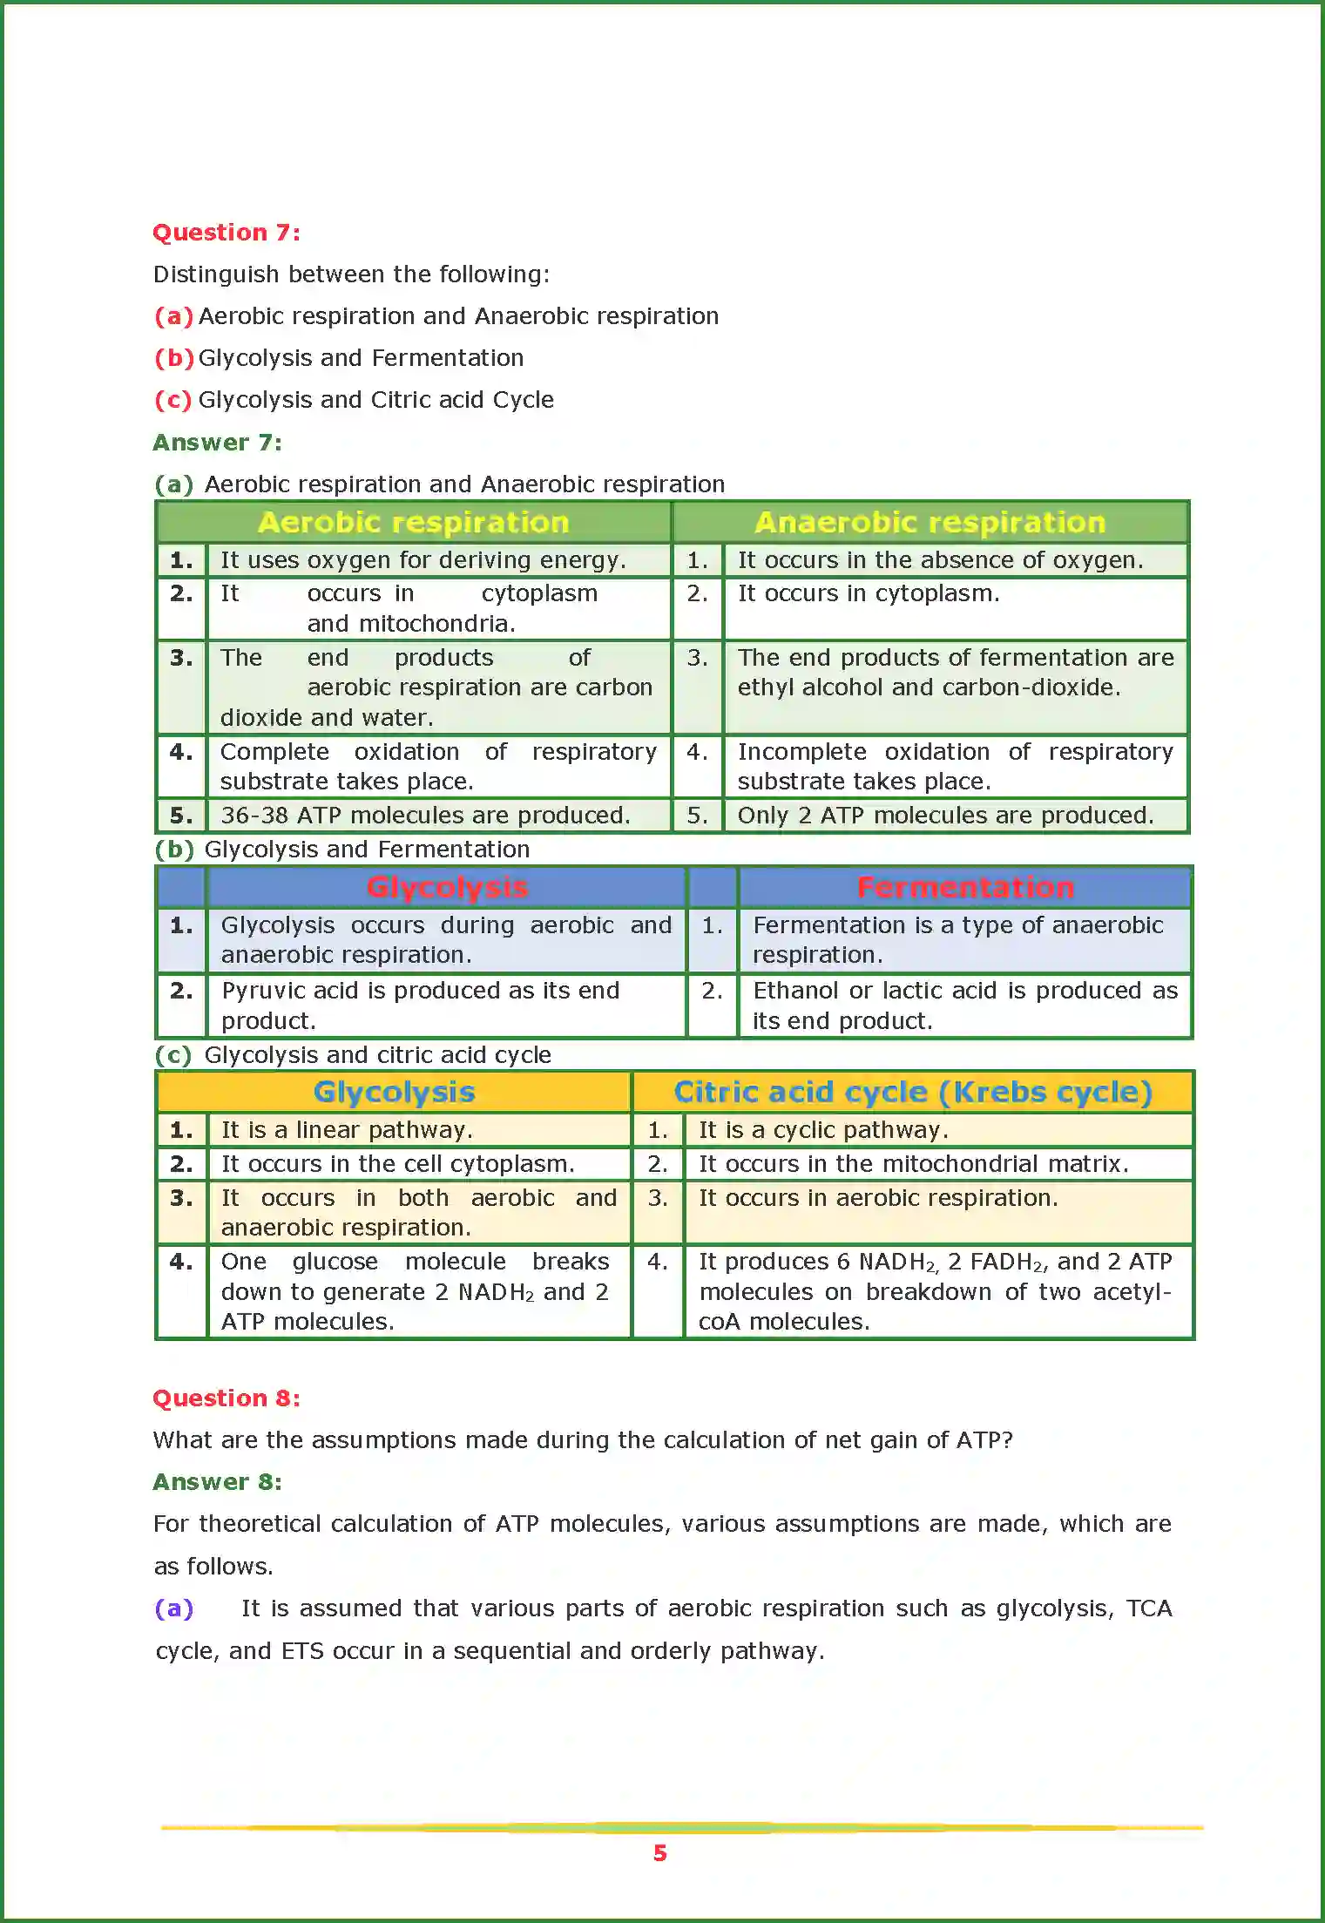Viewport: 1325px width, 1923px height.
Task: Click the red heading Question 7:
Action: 226,233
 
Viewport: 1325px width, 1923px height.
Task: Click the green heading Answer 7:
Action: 217,443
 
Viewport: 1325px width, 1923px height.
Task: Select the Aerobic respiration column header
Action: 414,522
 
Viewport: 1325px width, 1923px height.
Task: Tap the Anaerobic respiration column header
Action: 930,522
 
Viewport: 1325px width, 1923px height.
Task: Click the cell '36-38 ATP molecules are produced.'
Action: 425,816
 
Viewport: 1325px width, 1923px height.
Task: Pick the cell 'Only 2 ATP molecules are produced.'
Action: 945,816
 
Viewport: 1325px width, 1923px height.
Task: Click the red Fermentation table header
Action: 964,887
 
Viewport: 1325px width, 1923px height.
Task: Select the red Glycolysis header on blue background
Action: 447,887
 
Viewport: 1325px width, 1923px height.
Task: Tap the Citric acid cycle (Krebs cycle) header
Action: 912,1092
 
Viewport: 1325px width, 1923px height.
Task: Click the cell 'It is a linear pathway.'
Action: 347,1130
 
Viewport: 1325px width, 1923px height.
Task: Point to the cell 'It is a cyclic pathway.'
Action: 823,1130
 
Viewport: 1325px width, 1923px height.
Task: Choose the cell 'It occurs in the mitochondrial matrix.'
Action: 913,1164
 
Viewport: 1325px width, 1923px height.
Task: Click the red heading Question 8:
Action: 226,1398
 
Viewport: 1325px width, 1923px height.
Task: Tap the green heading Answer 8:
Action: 217,1482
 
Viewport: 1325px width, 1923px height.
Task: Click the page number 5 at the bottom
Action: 660,1853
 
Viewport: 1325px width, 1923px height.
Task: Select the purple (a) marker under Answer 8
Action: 174,1608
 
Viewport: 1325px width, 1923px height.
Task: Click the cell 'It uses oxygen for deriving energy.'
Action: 423,560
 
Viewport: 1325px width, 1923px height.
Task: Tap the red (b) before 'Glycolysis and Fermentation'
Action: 174,358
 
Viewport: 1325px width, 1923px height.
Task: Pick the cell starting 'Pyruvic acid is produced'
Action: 420,1006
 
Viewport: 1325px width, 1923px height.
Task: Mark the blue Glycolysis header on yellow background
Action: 394,1092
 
